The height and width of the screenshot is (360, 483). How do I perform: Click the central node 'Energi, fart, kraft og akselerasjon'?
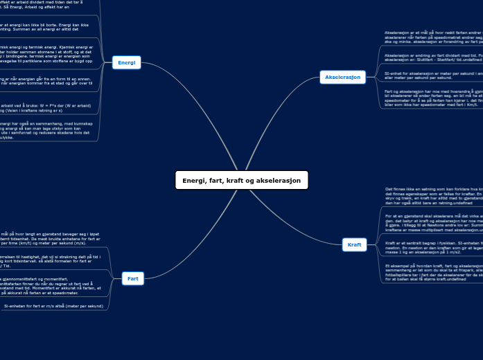point(241,181)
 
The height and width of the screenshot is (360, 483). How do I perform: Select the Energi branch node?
point(127,62)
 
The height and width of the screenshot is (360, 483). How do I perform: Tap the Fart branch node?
point(132,278)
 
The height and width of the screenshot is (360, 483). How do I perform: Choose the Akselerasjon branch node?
point(343,77)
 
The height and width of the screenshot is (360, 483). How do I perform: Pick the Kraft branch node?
point(354,244)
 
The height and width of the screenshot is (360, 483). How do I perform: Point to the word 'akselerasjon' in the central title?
point(280,181)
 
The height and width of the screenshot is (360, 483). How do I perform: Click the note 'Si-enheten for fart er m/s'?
point(53,305)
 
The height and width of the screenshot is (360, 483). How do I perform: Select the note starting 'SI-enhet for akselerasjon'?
point(430,74)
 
